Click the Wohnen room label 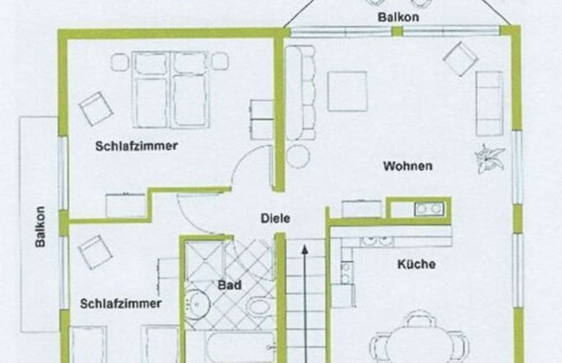[x=407, y=166]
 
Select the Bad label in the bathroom [x=229, y=284]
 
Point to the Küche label [x=417, y=264]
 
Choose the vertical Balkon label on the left [x=40, y=227]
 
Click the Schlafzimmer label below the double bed [x=137, y=146]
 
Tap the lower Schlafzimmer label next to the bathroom [x=120, y=303]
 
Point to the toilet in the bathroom [x=258, y=305]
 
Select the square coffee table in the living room [x=347, y=90]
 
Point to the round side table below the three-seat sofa [x=298, y=156]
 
